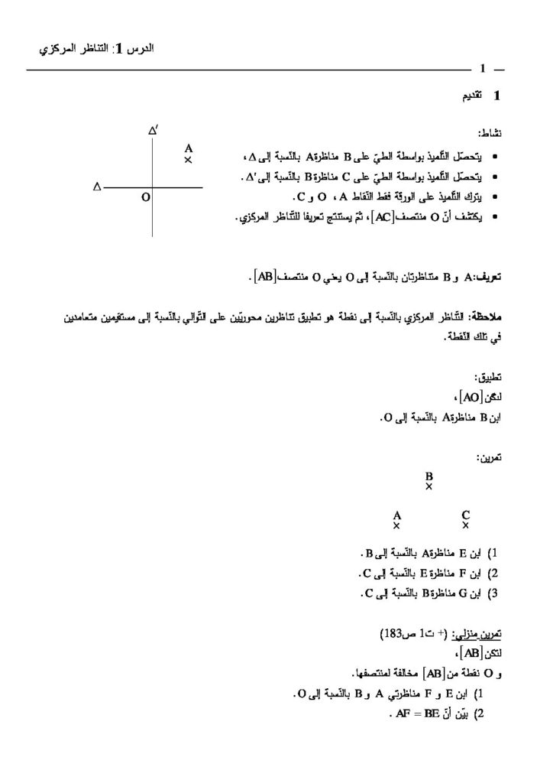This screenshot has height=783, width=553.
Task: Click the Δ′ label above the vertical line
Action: (153, 131)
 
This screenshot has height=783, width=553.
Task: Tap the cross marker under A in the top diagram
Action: (188, 161)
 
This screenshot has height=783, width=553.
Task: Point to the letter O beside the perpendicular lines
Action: (145, 197)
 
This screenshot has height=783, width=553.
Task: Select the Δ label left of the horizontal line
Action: (97, 186)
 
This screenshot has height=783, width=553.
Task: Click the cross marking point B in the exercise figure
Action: (429, 486)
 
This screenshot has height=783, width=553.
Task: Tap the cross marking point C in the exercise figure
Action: (465, 525)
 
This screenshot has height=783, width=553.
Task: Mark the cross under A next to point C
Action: (396, 525)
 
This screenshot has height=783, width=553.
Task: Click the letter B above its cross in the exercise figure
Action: (429, 475)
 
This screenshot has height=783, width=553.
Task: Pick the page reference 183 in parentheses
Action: (392, 635)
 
